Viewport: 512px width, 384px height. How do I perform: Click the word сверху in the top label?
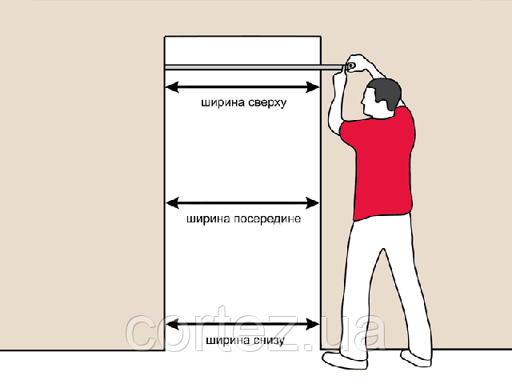click(x=267, y=103)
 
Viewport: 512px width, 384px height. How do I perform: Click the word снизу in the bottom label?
click(x=269, y=341)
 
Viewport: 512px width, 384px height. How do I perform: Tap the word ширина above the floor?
click(x=228, y=340)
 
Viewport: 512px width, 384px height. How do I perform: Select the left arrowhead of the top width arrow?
click(x=172, y=87)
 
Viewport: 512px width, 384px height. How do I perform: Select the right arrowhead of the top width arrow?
click(x=313, y=87)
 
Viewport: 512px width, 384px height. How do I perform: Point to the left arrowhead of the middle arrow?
click(x=172, y=203)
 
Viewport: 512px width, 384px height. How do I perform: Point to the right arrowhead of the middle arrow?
click(x=313, y=203)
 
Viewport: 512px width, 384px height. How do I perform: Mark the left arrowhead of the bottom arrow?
click(x=172, y=324)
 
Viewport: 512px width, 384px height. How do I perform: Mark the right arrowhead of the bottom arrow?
click(x=313, y=324)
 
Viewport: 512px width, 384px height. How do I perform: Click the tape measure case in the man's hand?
click(x=350, y=66)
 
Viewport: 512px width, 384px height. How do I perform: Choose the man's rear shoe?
click(x=416, y=358)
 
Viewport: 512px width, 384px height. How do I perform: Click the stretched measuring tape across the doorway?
click(x=254, y=67)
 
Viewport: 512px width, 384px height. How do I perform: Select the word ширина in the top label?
click(x=222, y=102)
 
